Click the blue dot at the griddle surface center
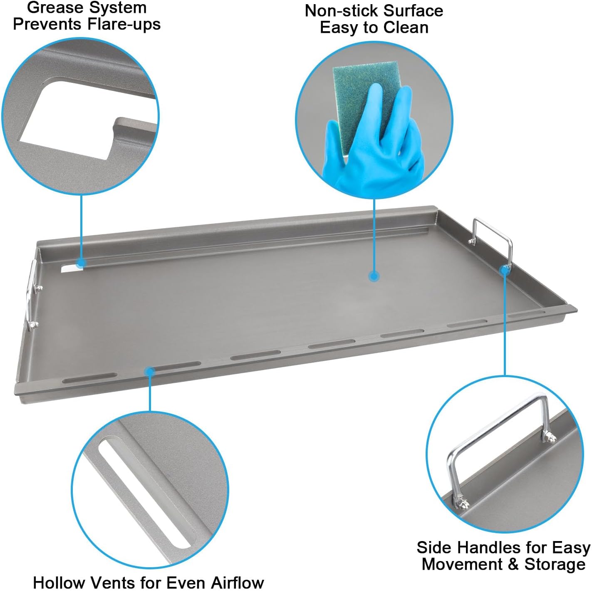point(374,276)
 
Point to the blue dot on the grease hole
point(82,263)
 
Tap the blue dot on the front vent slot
point(150,371)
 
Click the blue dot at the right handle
point(504,270)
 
